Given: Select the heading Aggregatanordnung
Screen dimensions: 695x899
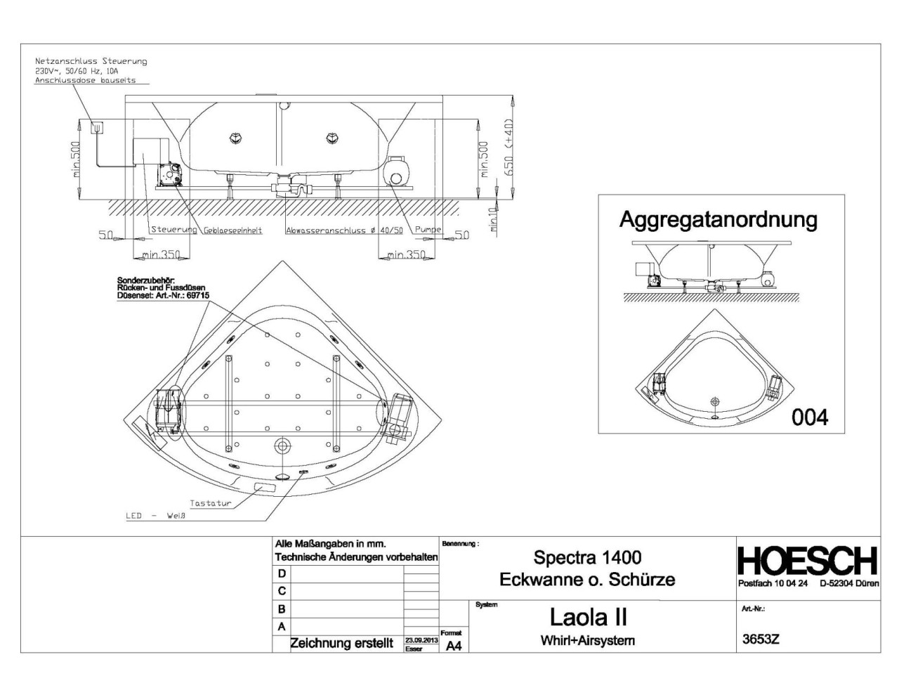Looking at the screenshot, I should coord(718,220).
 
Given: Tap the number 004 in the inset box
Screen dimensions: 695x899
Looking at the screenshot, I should coord(810,417).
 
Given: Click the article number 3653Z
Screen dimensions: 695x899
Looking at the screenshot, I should coord(761,639).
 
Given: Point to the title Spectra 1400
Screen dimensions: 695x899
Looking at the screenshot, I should coord(587,558).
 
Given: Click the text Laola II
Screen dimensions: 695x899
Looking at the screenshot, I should coord(588,617).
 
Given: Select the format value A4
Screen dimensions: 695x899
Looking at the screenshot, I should coord(454,646).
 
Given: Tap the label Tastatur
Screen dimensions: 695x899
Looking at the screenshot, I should coord(210,503).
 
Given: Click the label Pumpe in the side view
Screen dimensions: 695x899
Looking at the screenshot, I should coord(428,230).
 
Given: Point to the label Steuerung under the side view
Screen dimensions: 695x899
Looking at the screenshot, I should coord(173,230).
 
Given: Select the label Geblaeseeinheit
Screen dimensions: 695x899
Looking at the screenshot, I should coord(233,230).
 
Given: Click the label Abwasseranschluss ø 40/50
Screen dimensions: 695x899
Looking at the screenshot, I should coord(344,230).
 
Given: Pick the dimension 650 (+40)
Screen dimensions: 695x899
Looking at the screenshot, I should coord(509,147).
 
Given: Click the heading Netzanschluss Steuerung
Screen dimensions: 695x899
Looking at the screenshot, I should coord(91,61).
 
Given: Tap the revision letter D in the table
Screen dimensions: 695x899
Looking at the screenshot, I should coord(282,573).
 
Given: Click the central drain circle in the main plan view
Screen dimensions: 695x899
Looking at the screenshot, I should coord(283,446).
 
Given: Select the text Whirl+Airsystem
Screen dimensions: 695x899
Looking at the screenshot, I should coord(587,640).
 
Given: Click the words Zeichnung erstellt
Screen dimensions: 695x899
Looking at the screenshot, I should coord(341,643).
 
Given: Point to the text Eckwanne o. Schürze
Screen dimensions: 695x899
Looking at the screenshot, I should coord(587,580).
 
